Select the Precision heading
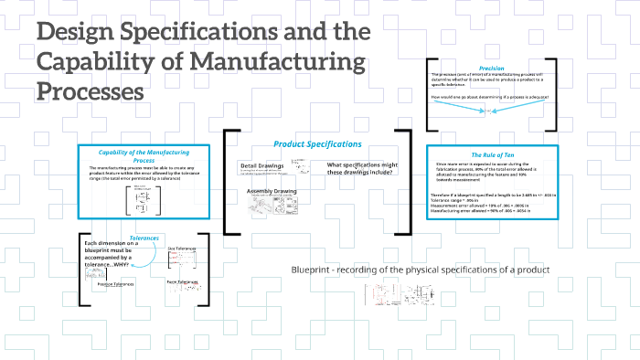click(492, 66)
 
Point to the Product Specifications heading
click(317, 144)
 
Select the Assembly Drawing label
click(272, 191)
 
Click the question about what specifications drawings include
click(359, 169)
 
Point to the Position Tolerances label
click(117, 284)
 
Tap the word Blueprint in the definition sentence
click(309, 270)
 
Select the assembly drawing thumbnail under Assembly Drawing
click(272, 208)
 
